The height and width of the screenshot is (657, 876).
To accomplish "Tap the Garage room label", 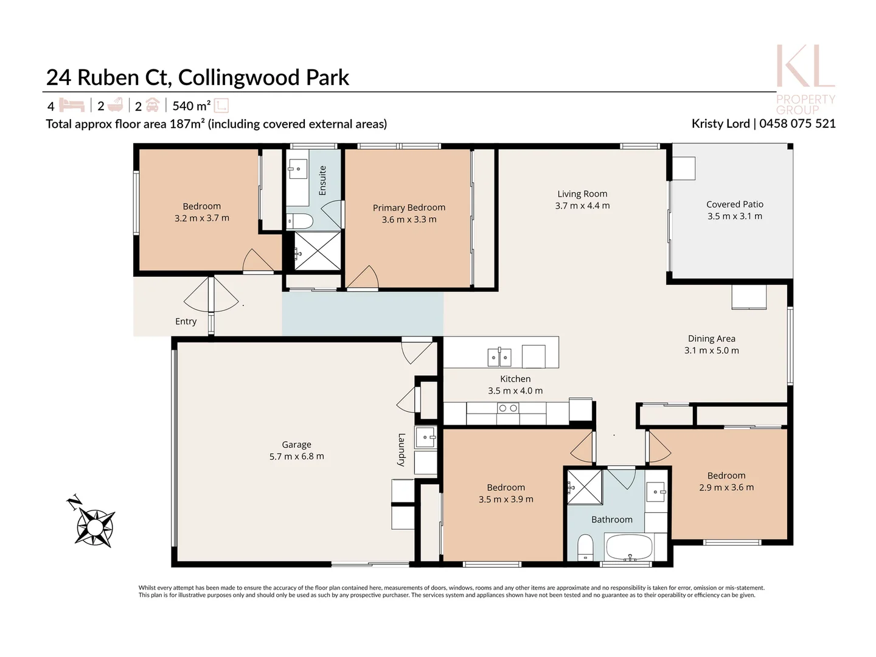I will click(296, 445).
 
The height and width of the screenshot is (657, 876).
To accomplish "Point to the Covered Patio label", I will click(734, 204).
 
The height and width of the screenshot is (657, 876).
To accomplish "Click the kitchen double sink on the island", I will click(499, 357).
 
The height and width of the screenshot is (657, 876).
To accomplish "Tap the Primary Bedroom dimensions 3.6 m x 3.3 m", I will click(409, 220).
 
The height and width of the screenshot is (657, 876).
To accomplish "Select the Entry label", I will click(186, 321).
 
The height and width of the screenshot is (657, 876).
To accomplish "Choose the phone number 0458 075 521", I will click(797, 123).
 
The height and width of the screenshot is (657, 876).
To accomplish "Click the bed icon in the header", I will click(72, 106).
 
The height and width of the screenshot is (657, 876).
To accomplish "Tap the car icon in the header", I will click(152, 105).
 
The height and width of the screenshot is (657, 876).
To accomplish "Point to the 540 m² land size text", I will click(191, 106).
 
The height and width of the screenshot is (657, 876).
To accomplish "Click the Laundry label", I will click(401, 450).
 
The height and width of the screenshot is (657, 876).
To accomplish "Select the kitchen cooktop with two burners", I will click(507, 408).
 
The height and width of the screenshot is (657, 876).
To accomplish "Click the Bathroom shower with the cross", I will click(584, 487).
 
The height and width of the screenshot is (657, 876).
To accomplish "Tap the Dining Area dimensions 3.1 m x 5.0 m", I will click(711, 350).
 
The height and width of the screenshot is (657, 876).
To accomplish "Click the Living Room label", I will click(582, 194).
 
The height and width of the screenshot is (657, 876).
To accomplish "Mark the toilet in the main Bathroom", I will click(585, 546).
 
